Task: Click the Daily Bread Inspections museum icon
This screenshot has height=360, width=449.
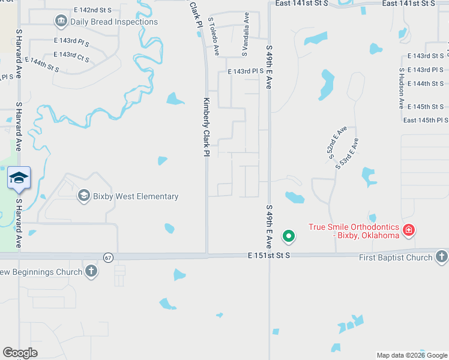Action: [x=61, y=22]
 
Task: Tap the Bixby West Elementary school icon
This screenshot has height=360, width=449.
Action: [x=83, y=196]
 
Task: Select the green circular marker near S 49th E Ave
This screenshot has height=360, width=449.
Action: [x=289, y=236]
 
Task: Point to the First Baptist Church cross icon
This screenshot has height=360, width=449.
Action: [x=441, y=257]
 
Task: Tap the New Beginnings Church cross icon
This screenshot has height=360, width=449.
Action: [x=91, y=272]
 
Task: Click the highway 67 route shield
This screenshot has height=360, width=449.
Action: [x=107, y=257]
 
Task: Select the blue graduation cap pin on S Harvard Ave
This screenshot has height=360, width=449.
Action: [x=19, y=178]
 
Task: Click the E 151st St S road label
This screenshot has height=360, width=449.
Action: [x=269, y=256]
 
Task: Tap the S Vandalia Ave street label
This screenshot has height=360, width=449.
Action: [x=245, y=34]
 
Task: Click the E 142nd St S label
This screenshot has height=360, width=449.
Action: [x=93, y=11]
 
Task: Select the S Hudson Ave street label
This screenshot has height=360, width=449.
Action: [x=402, y=88]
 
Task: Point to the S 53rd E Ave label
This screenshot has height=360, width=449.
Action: [x=348, y=154]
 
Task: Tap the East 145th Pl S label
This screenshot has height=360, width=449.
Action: [x=426, y=121]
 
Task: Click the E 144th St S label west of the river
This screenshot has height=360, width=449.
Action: [x=42, y=65]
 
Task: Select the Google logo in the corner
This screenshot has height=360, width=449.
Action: [x=20, y=353]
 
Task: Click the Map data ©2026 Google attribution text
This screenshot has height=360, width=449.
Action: [x=412, y=355]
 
